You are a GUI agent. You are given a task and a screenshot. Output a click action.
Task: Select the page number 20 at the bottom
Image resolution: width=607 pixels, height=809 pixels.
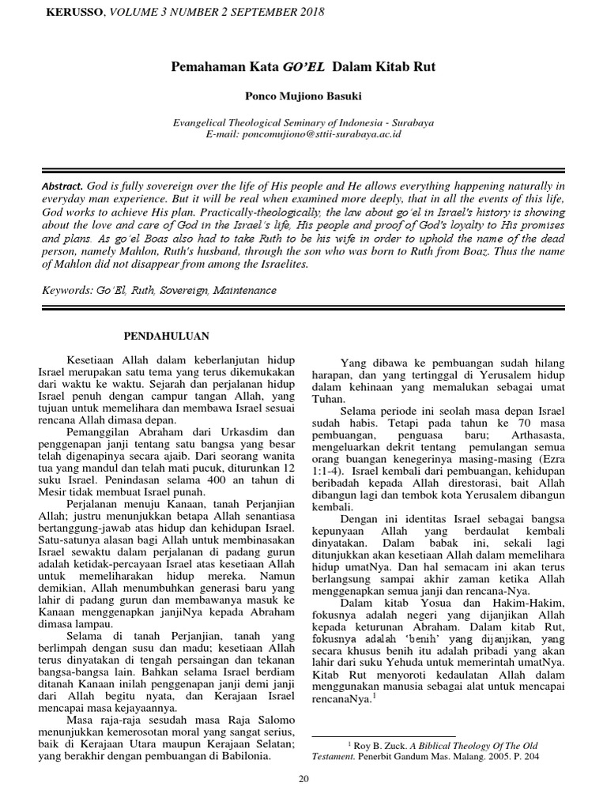(303, 780)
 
